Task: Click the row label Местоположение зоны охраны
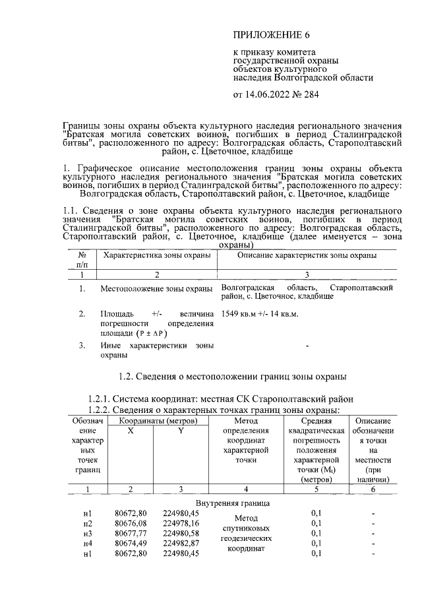(156, 289)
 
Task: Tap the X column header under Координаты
(130, 430)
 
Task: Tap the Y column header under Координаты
(181, 430)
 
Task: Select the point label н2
(88, 523)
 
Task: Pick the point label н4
(88, 543)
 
